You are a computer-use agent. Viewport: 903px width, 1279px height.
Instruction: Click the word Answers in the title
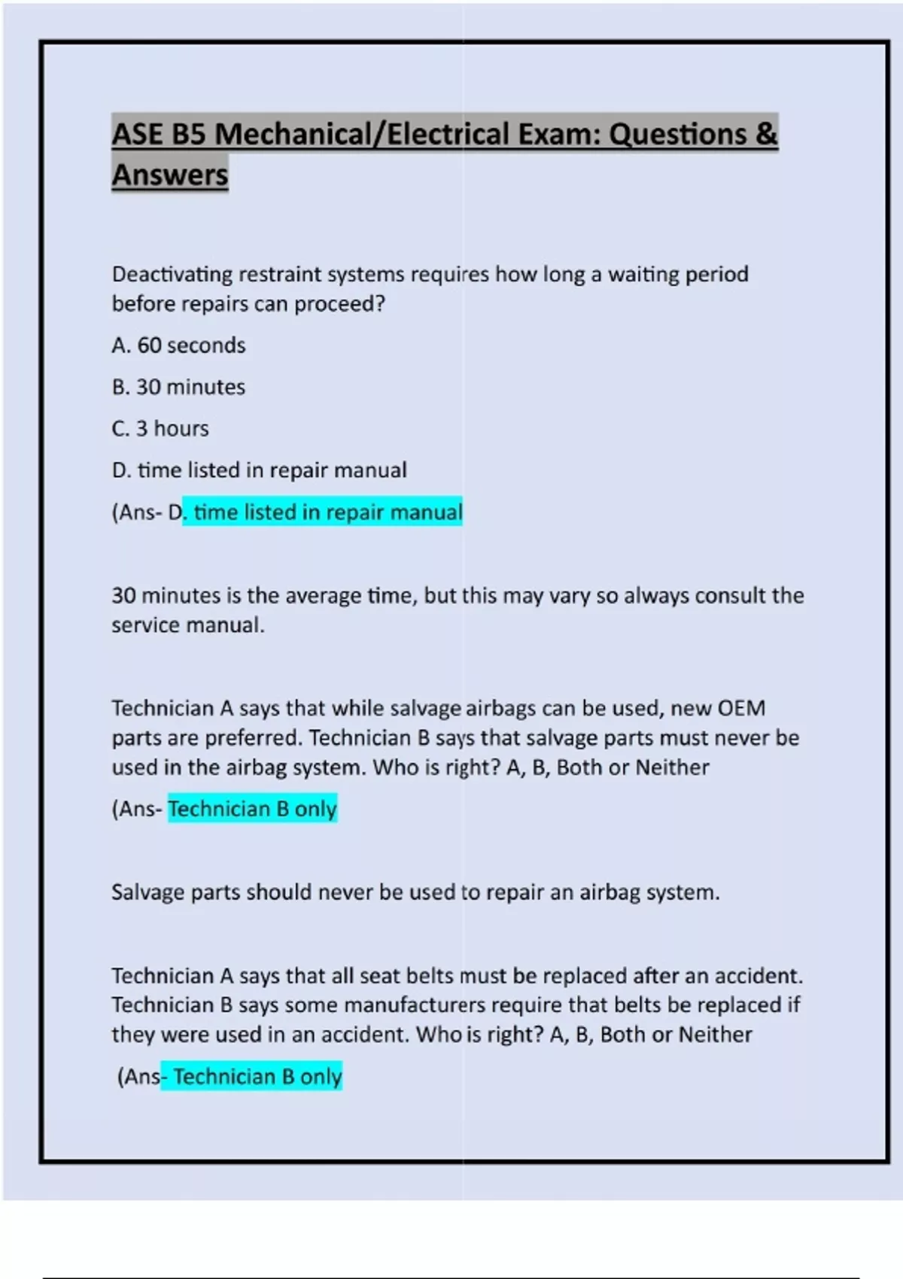[x=169, y=175]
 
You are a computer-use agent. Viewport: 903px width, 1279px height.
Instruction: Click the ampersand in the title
[x=765, y=134]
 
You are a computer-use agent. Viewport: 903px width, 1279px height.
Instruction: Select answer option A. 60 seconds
[x=178, y=345]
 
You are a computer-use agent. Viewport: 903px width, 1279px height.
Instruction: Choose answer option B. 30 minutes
[x=178, y=387]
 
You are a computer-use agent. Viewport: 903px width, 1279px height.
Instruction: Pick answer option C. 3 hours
[x=160, y=428]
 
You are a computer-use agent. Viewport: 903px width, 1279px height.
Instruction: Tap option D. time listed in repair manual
[x=259, y=470]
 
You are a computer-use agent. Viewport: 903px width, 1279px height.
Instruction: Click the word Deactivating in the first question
[x=172, y=275]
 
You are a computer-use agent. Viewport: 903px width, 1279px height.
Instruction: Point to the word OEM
[x=741, y=708]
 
